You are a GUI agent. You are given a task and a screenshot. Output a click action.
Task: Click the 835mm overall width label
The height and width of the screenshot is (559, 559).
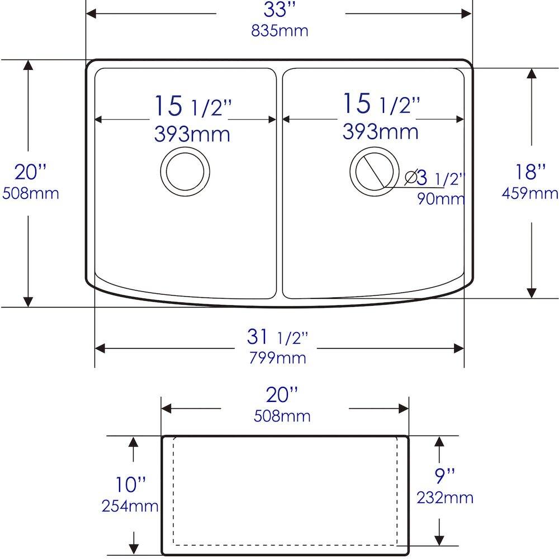coord(279,31)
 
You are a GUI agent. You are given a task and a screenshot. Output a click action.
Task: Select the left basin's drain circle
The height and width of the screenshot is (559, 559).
coord(185,172)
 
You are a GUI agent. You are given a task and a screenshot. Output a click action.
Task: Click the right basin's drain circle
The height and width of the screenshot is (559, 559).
coord(374,172)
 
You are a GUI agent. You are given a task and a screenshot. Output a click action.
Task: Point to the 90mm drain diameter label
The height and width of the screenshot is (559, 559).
coord(441,198)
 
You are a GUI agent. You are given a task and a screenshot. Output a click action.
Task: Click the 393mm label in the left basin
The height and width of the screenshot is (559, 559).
coord(192,134)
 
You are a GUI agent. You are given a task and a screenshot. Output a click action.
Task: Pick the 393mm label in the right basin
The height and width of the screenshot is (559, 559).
coord(380,132)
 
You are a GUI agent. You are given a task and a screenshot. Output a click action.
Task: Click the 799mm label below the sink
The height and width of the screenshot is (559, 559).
coord(278,358)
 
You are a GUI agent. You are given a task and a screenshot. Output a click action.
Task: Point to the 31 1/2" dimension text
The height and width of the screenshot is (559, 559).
coord(277,337)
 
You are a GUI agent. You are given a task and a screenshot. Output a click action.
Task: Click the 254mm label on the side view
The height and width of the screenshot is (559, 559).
coord(130,506)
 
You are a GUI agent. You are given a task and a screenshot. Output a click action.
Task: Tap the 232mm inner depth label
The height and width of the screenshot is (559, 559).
coord(445,497)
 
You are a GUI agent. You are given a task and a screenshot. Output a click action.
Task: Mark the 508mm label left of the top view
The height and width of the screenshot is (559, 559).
coord(31,193)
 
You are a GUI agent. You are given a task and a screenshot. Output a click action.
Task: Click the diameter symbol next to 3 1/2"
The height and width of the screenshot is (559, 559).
coord(410,178)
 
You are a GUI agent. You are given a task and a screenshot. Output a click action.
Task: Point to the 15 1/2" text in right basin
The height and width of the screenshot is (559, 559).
coord(381,103)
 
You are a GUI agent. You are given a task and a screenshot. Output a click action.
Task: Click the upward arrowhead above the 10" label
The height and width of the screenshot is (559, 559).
coord(133,442)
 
